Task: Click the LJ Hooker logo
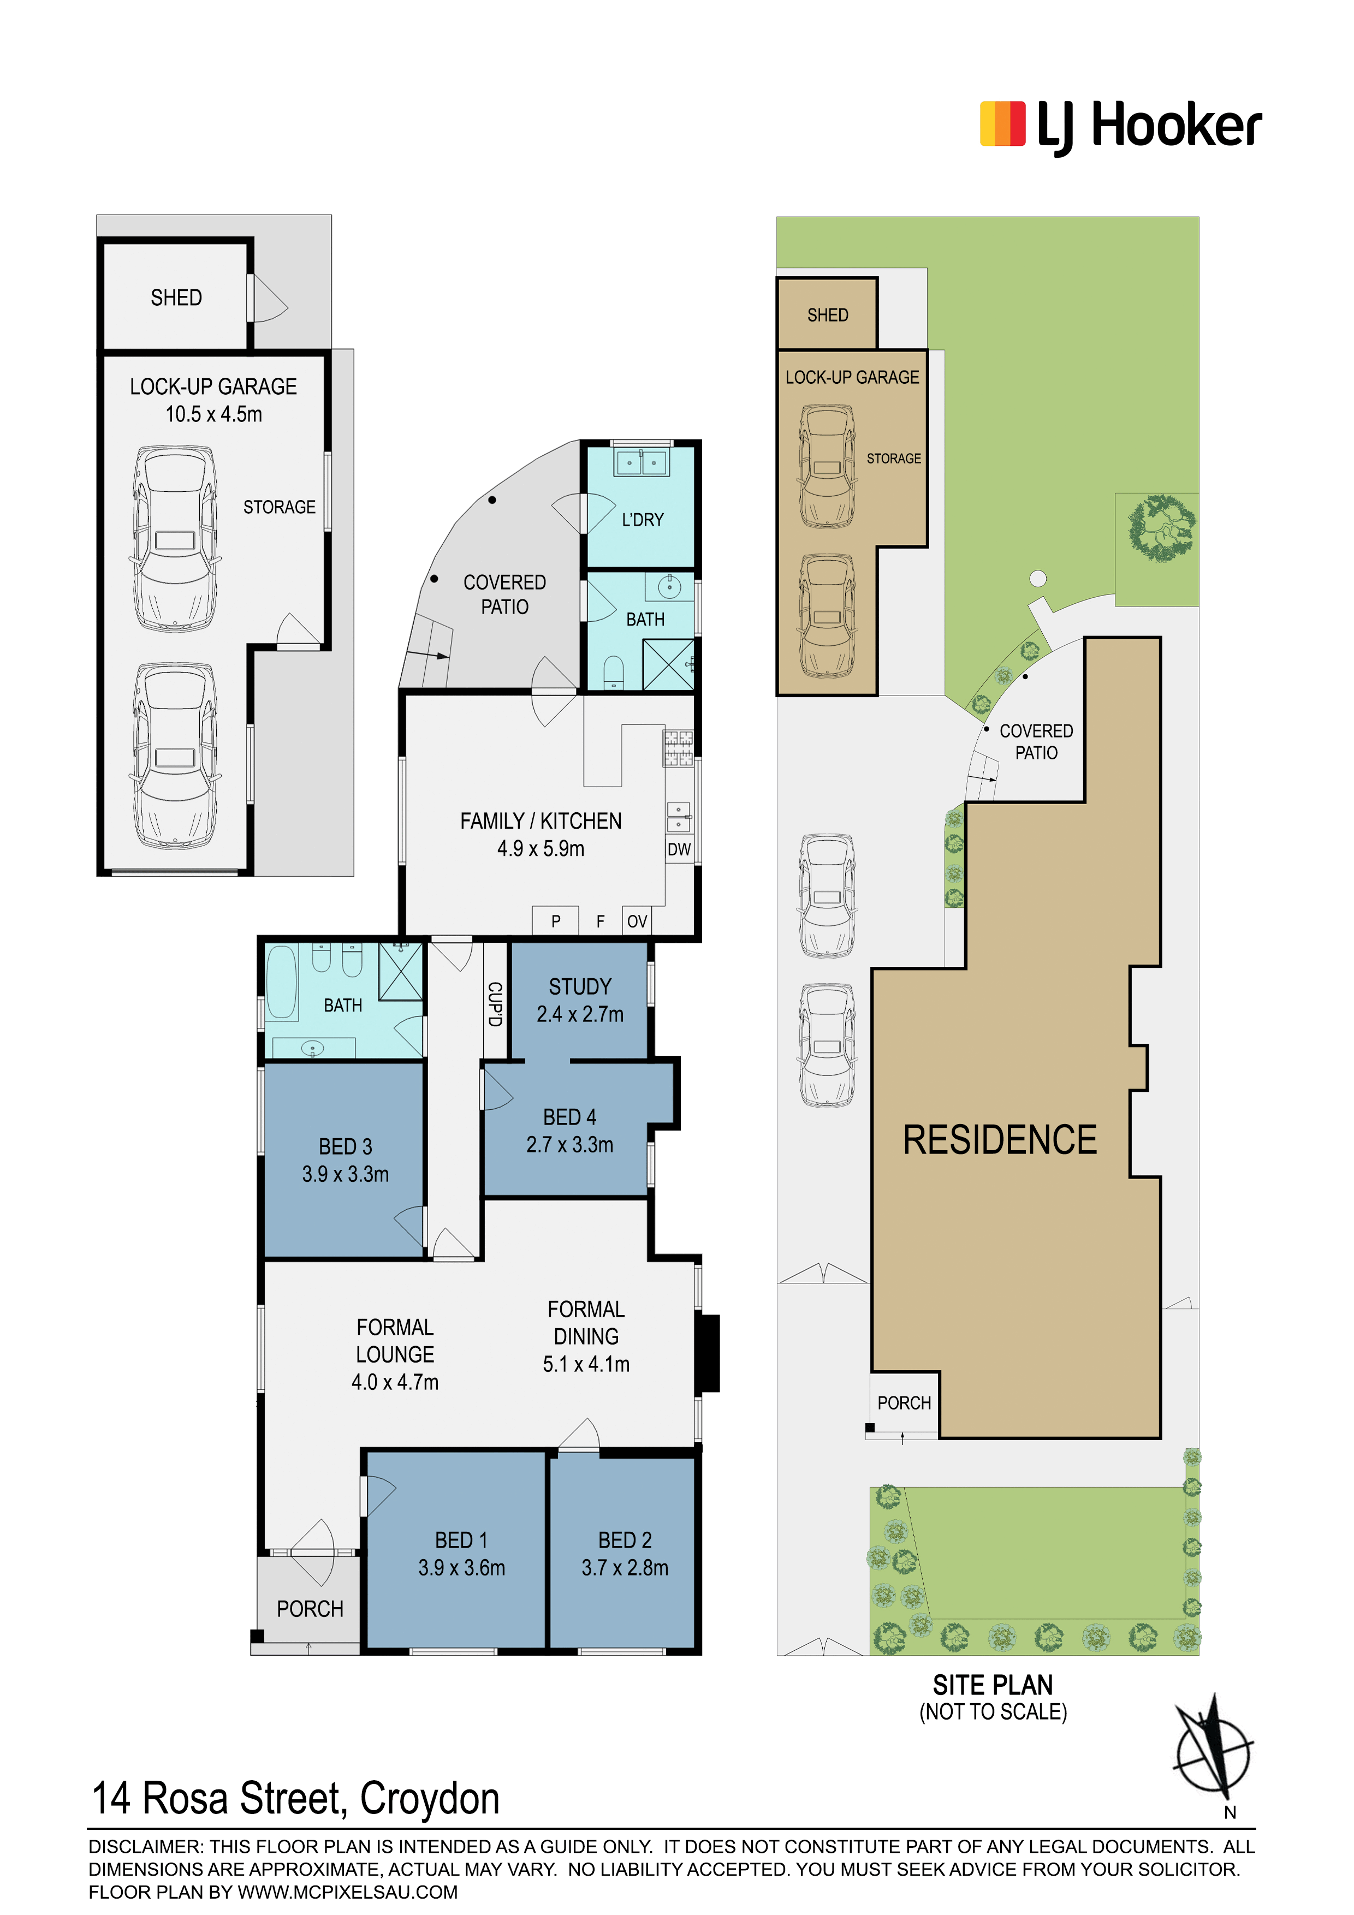tap(1120, 127)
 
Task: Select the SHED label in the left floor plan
tap(176, 298)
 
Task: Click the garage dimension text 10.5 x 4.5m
tap(213, 414)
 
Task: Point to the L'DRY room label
tap(643, 520)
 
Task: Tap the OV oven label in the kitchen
tap(637, 921)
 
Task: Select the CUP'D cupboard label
tap(495, 1004)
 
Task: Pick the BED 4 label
tap(570, 1117)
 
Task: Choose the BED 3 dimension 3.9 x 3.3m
tap(346, 1174)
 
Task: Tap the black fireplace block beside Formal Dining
tap(708, 1353)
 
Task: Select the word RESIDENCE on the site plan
tap(1000, 1140)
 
